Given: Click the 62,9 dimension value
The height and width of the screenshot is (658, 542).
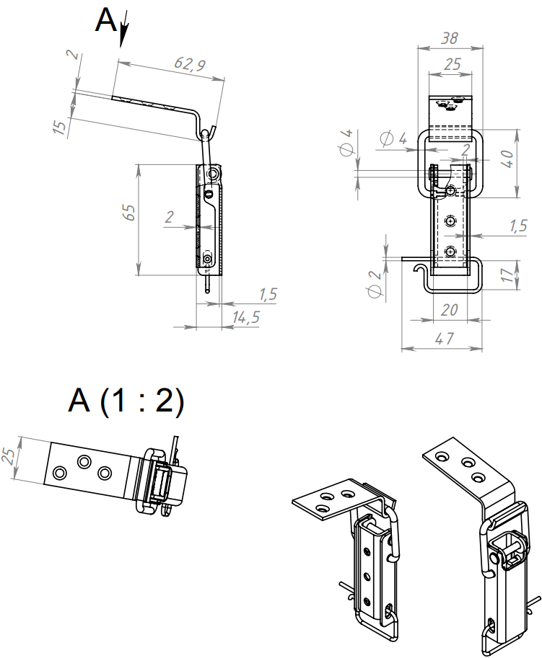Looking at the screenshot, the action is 190,64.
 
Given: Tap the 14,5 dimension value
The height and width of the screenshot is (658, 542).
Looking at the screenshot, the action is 246,317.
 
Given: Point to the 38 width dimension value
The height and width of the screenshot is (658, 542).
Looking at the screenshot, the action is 450,38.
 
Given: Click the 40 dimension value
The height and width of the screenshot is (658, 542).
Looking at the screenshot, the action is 507,159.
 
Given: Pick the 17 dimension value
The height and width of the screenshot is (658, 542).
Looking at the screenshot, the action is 507,275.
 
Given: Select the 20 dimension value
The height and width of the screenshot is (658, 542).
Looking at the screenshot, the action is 449,310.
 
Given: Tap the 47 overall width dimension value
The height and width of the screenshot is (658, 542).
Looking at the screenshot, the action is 445,338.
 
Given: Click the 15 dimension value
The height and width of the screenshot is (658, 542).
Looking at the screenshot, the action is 61,127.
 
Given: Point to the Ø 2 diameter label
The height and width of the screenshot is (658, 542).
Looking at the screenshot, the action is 375,284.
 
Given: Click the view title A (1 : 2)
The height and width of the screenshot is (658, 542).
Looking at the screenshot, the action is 126,401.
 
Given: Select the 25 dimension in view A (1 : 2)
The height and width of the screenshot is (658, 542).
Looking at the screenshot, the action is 9,455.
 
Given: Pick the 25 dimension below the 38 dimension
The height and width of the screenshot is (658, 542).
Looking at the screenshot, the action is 452,64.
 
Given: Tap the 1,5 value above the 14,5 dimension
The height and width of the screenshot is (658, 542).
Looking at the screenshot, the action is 268,294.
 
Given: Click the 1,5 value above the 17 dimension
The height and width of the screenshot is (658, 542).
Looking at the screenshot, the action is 518,226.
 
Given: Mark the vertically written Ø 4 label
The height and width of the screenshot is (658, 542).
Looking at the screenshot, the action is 347,143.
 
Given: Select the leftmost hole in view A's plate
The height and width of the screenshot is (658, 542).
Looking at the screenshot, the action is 60,473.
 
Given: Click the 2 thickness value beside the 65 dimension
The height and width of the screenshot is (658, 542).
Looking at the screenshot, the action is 169,217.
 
